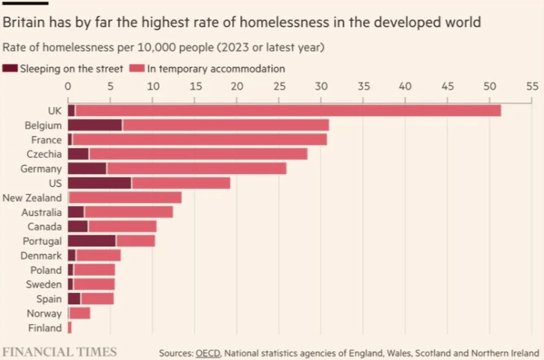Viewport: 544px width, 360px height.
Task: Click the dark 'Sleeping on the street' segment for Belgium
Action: point(95,125)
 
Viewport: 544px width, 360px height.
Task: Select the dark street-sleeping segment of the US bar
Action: point(99,183)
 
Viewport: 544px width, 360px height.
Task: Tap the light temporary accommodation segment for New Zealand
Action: point(126,197)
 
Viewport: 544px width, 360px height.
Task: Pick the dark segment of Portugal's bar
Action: point(92,240)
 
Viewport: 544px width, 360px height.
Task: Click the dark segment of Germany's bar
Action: point(87,168)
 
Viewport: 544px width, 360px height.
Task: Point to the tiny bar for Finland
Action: point(69,328)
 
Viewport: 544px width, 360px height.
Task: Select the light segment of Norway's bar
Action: point(80,313)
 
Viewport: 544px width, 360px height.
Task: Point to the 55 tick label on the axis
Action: point(532,87)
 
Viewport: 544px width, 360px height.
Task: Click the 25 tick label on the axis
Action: point(279,87)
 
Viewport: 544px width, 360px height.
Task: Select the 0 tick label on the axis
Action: point(68,87)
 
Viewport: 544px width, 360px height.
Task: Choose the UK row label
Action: point(55,111)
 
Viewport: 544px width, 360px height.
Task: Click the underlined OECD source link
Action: point(208,352)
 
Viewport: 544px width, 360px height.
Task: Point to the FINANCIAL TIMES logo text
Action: point(59,351)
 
